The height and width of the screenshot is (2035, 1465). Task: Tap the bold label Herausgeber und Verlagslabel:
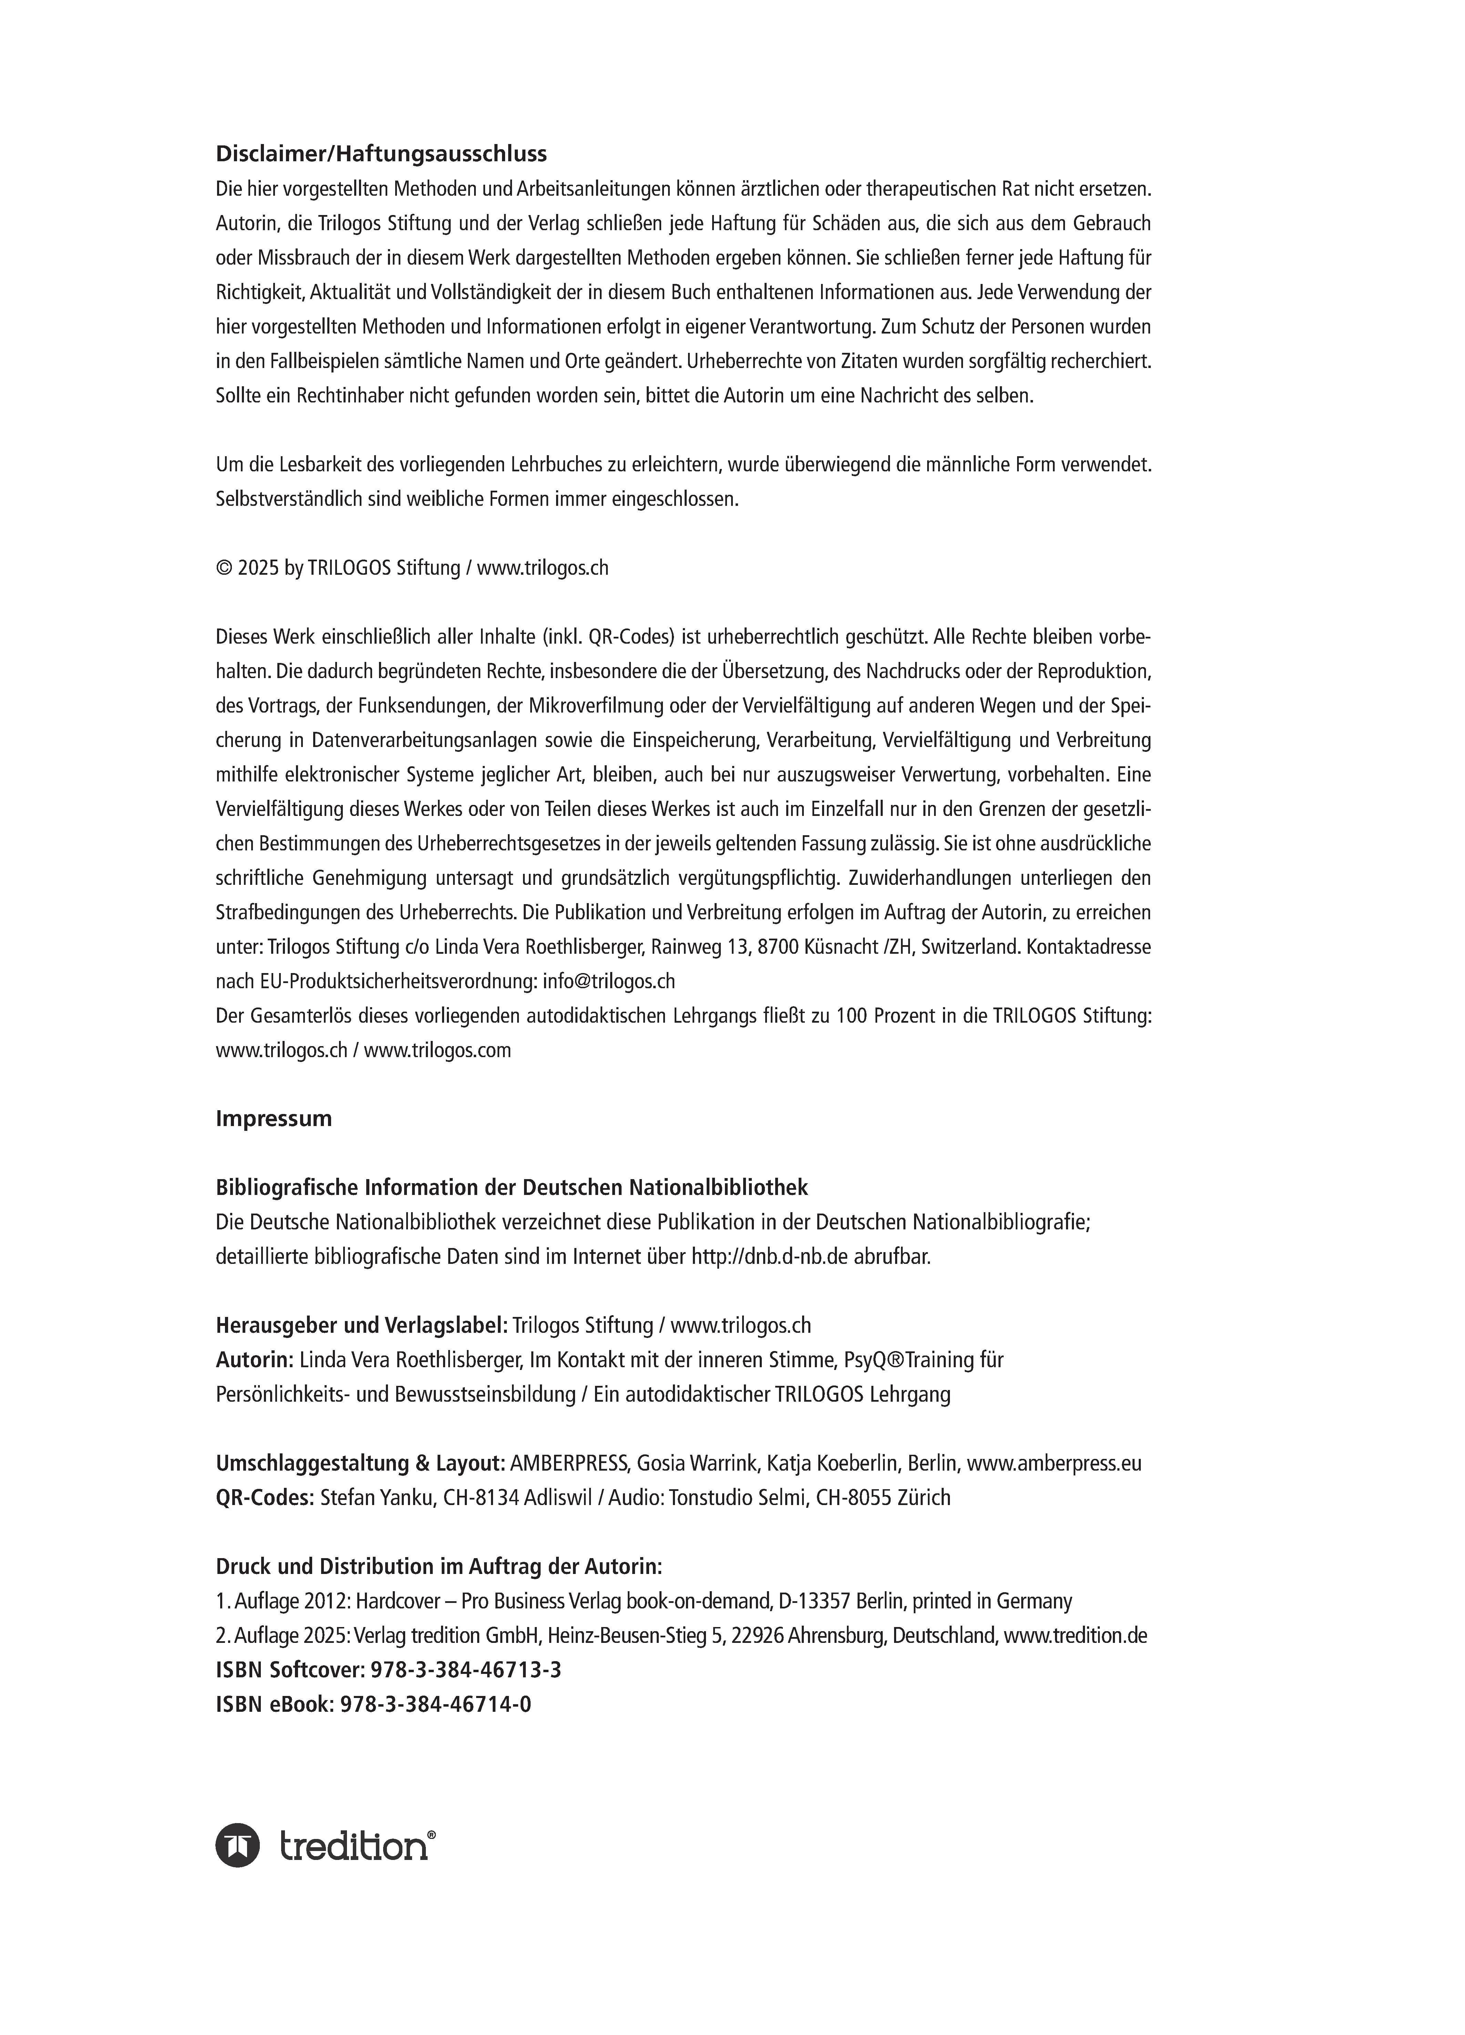pos(361,1325)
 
